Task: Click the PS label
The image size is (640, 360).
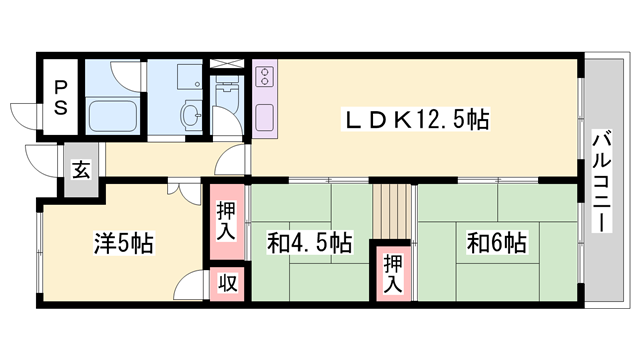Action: tap(60, 97)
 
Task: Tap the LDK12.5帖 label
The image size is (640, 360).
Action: tap(416, 120)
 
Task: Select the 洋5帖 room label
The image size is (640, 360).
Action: tap(124, 243)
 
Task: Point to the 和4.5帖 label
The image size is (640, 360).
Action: tap(309, 242)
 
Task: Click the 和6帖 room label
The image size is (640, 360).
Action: tap(496, 242)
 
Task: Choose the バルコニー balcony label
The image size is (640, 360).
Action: tap(603, 181)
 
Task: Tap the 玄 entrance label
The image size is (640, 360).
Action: tap(81, 169)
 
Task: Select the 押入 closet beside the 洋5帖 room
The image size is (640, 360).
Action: tap(227, 221)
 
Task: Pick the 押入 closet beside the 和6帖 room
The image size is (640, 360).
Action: tap(393, 274)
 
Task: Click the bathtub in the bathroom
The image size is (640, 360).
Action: tap(113, 116)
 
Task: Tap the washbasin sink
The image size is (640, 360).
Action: tap(192, 115)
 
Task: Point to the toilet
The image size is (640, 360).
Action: tap(227, 94)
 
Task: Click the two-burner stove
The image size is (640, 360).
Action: tap(264, 77)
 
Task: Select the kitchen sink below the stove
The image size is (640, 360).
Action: tap(264, 118)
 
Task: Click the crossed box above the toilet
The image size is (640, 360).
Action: tap(227, 63)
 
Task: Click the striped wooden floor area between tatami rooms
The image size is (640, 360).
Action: tap(392, 212)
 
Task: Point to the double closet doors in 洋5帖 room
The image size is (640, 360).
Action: tap(184, 192)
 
